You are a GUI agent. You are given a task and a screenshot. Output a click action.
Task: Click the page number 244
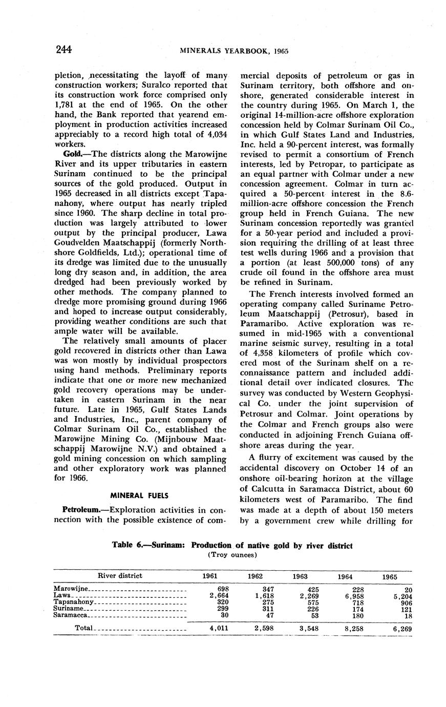tap(63, 50)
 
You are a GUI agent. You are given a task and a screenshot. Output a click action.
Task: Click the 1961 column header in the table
tap(210, 576)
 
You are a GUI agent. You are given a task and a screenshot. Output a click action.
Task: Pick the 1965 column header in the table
tap(389, 576)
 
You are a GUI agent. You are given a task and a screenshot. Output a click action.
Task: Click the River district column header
tap(120, 575)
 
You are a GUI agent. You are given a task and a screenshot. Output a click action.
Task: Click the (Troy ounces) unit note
tap(232, 554)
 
